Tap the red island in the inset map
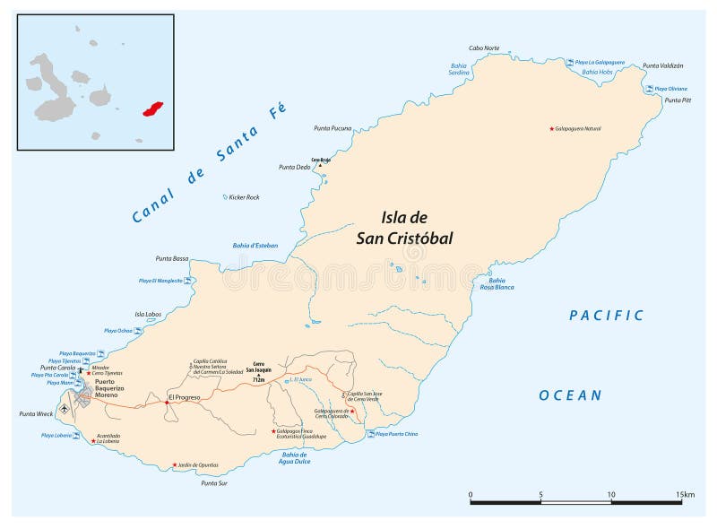(x=154, y=108)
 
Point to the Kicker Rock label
(x=243, y=196)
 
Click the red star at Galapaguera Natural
(x=551, y=128)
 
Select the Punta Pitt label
(x=677, y=100)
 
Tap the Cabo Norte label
(x=484, y=48)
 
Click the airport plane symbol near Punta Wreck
(x=65, y=409)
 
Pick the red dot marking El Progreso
(x=167, y=403)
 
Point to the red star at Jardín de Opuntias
(x=174, y=464)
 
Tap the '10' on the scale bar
(x=611, y=494)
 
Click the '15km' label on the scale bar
(x=686, y=494)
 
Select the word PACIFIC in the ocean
(x=607, y=315)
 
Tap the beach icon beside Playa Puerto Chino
(x=370, y=434)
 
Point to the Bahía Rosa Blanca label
(x=497, y=284)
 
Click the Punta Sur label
(x=213, y=483)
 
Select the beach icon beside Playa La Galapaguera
(x=569, y=62)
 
